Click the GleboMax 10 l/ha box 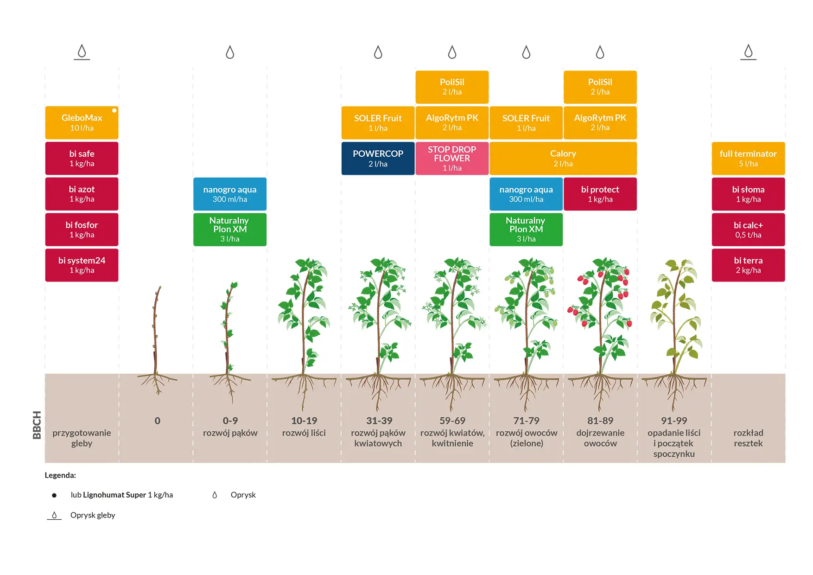[x=82, y=123]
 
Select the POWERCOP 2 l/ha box [x=378, y=159]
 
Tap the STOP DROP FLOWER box [x=452, y=159]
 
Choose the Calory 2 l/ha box [x=563, y=159]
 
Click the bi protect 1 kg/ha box [x=600, y=194]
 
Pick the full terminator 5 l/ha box [x=748, y=159]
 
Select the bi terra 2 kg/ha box [x=748, y=265]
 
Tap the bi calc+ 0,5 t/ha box [x=748, y=230]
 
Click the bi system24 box [x=82, y=265]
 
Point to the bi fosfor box [x=82, y=230]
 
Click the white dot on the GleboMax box [x=114, y=110]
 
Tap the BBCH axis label [x=37, y=425]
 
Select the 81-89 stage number [x=600, y=421]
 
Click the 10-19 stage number [x=304, y=421]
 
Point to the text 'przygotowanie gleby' [x=82, y=438]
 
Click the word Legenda [x=60, y=475]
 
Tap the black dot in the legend [x=54, y=495]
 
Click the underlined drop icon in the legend [x=54, y=515]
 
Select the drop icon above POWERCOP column [x=378, y=52]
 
